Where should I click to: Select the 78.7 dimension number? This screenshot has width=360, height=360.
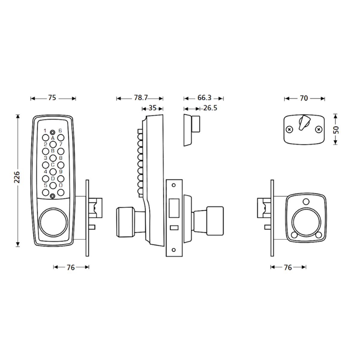click(x=141, y=98)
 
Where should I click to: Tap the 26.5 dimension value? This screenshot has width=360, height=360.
click(x=210, y=108)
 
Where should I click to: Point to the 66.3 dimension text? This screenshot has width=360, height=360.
click(x=204, y=98)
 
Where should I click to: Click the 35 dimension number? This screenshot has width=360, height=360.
click(x=152, y=108)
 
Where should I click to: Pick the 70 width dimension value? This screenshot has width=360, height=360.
click(x=304, y=98)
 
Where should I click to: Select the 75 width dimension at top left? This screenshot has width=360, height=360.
click(x=52, y=98)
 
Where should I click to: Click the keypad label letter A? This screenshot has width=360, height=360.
click(x=52, y=138)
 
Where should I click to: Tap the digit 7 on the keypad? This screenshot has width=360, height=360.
click(x=60, y=144)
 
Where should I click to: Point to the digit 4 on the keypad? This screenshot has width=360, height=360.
click(x=46, y=172)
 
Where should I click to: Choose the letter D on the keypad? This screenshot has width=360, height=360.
click(x=53, y=179)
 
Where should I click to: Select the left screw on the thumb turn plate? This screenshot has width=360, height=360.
click(x=289, y=130)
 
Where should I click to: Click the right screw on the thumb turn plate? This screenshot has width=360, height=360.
click(x=318, y=130)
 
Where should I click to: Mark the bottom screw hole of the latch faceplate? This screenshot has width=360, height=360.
click(x=174, y=249)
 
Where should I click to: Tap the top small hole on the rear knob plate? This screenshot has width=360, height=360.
click(x=306, y=201)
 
